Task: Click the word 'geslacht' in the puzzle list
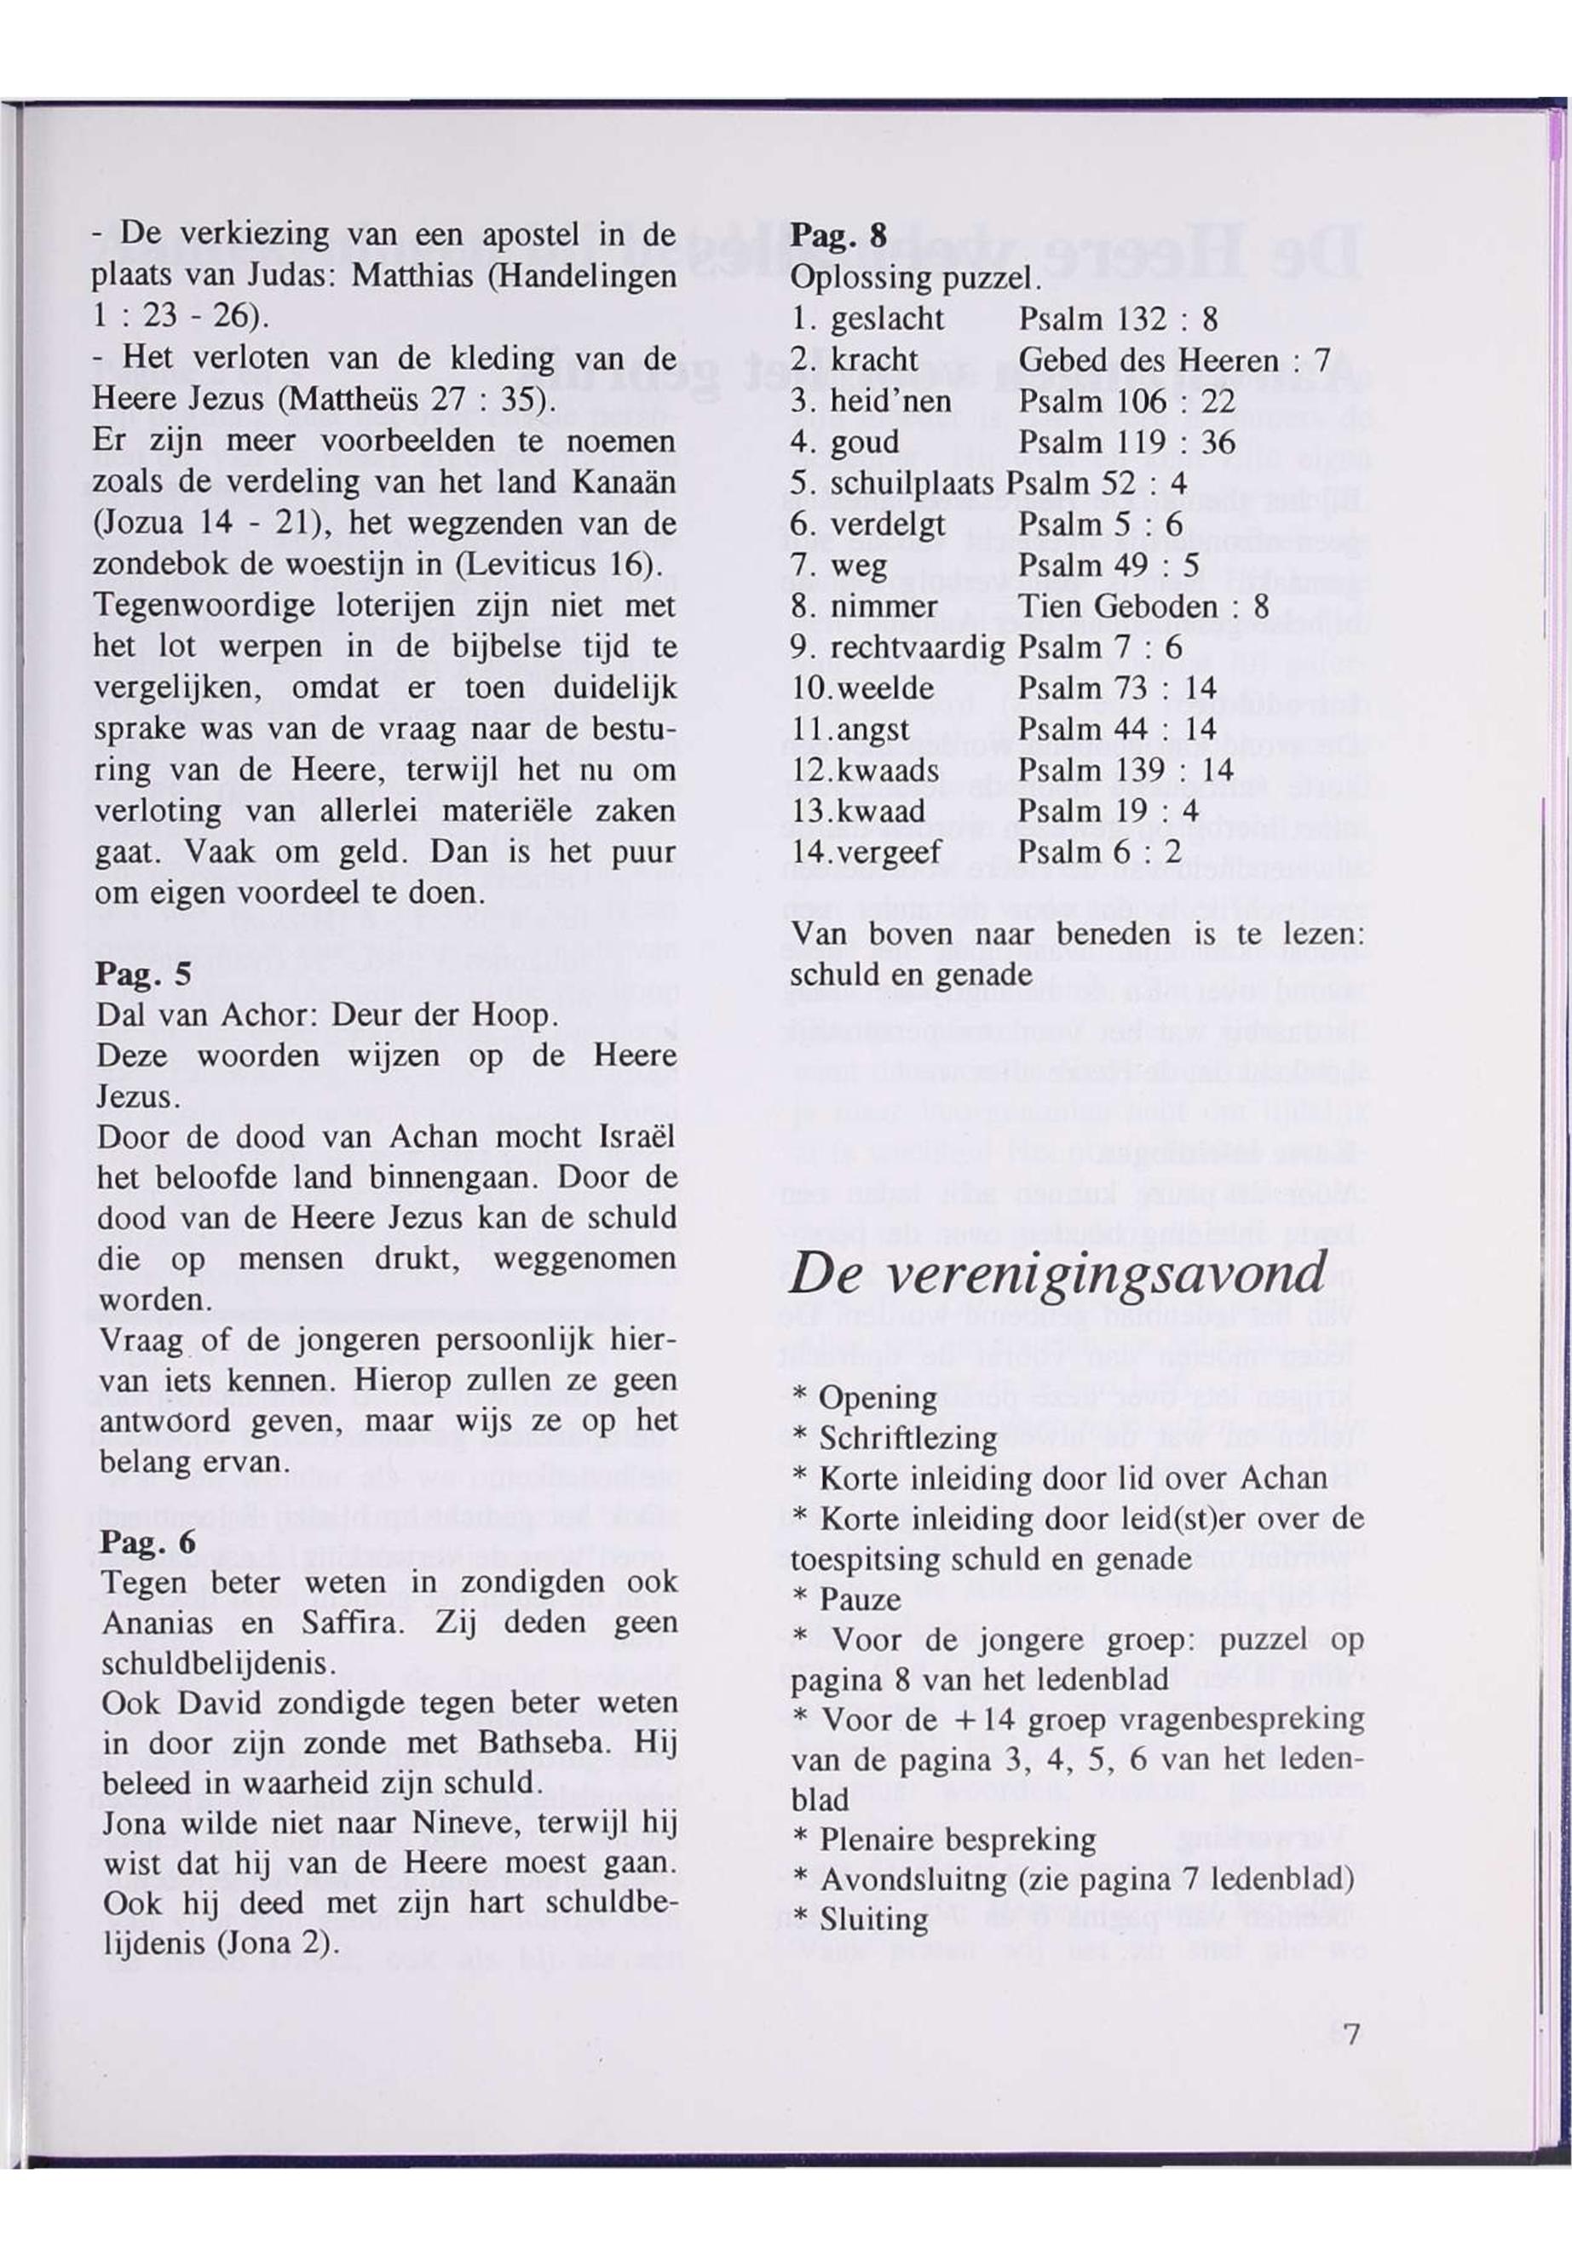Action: tap(888, 319)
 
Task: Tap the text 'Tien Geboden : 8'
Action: tap(1143, 607)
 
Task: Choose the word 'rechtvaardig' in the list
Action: tap(917, 647)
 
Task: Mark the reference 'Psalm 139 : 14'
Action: tap(1126, 769)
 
